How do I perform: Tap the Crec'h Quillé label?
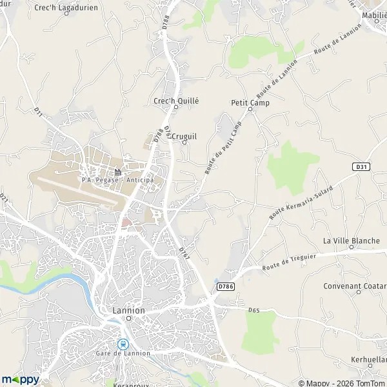tap(176, 101)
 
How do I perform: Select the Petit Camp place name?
tap(250, 102)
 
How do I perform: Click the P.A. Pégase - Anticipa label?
tap(118, 180)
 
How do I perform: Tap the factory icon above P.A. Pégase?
tap(118, 172)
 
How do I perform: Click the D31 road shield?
tap(361, 166)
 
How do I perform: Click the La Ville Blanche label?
tap(352, 241)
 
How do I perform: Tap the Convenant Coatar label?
tap(355, 286)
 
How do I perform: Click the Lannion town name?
tap(128, 310)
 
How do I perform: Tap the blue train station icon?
tap(123, 344)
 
